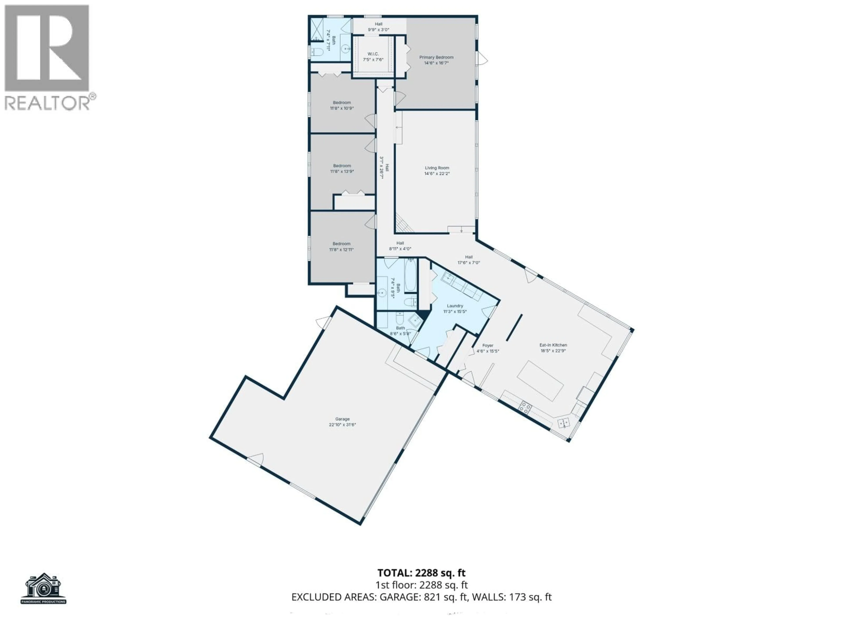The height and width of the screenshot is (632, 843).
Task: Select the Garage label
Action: point(342,419)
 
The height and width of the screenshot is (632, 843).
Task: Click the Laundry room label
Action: point(455,306)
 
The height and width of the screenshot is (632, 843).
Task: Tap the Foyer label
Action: point(488,346)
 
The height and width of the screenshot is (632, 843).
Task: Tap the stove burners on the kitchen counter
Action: point(525,408)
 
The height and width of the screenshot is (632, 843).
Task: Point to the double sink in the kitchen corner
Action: point(564,423)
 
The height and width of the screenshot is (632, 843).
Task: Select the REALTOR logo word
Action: point(48,103)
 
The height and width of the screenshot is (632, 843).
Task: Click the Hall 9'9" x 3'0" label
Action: point(378,27)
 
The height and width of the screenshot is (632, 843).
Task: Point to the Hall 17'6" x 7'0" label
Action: point(469,259)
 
